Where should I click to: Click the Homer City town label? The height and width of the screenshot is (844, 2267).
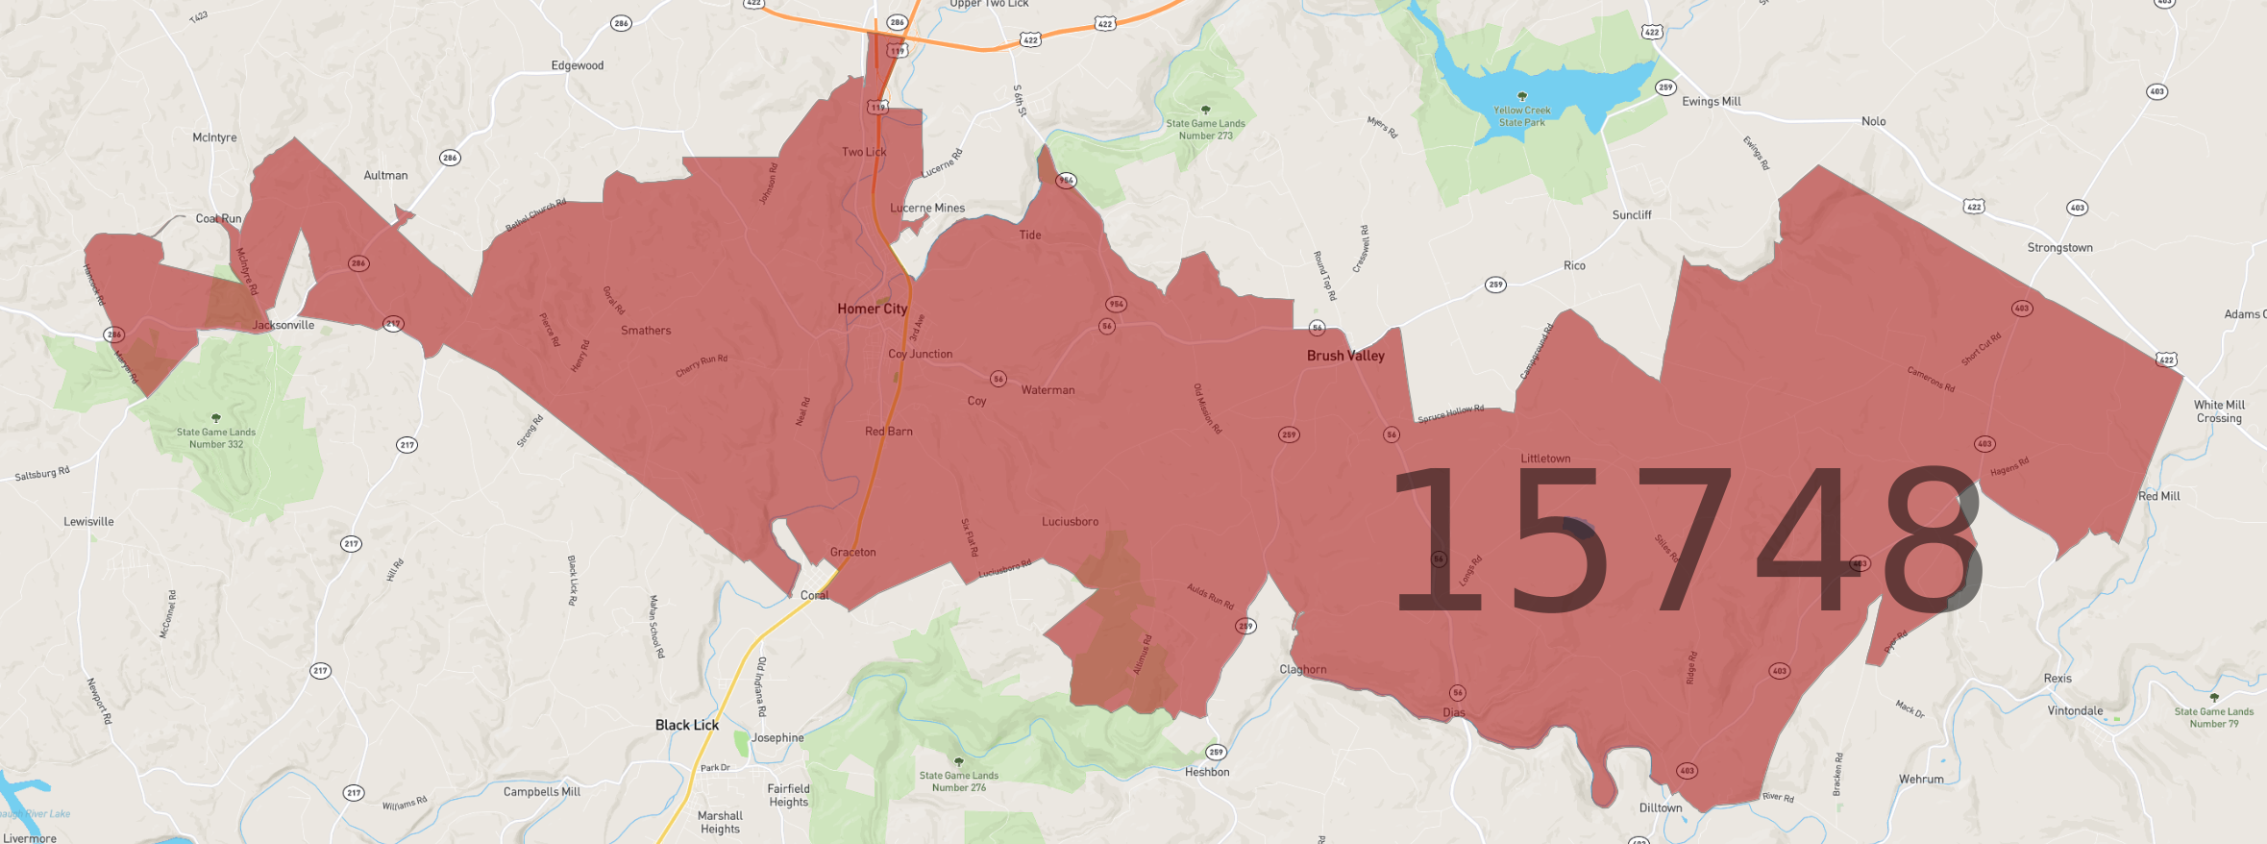[872, 309]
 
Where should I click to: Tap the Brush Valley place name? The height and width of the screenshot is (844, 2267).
[1345, 356]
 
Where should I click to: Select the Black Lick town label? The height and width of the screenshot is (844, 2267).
[686, 725]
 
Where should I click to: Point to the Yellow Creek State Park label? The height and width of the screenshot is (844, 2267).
[1522, 116]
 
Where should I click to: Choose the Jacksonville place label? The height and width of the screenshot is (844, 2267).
[283, 325]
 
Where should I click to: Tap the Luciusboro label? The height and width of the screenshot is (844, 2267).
[1070, 522]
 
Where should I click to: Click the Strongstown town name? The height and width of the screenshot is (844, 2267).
[2059, 248]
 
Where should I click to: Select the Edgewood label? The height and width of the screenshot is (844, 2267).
[578, 65]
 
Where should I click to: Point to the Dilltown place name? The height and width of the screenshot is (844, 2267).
[1660, 807]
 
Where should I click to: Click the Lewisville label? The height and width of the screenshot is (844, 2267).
[88, 522]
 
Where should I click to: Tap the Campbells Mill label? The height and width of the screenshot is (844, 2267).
[542, 792]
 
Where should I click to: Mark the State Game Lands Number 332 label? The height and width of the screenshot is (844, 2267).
[216, 437]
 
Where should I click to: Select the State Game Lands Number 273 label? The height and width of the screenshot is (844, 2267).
[1205, 129]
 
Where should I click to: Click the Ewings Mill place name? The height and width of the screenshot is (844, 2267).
[1711, 102]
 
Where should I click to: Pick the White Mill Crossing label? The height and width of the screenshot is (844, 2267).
[2218, 411]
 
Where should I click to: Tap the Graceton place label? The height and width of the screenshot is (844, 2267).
[852, 552]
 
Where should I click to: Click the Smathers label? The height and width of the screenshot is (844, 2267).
[646, 331]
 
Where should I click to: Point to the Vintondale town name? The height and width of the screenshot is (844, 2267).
[2075, 711]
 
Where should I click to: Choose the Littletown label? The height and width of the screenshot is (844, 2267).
[1545, 459]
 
